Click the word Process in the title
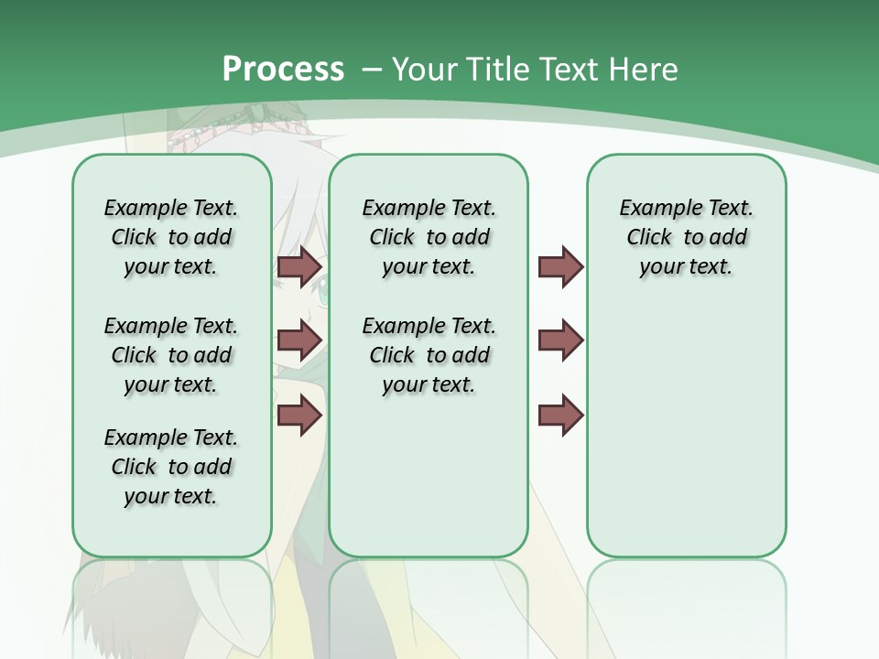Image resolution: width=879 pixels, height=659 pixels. (x=283, y=69)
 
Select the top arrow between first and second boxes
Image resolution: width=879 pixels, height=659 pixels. (x=299, y=266)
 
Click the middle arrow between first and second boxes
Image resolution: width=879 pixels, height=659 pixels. (x=299, y=340)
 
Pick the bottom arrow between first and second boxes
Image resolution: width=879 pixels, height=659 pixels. (x=299, y=415)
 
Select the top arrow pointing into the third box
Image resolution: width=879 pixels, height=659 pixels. (x=560, y=266)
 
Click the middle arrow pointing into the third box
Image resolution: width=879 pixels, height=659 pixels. (x=560, y=340)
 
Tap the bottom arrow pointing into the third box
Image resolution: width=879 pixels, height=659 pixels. (x=560, y=415)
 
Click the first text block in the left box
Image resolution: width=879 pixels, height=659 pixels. (x=171, y=237)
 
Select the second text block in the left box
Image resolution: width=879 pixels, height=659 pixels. (x=171, y=355)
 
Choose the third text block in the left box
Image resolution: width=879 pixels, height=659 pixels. (x=171, y=467)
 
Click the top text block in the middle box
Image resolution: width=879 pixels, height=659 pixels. (x=429, y=237)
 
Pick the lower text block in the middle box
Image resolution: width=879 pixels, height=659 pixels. (x=429, y=355)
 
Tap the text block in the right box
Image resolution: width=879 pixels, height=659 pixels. (x=686, y=237)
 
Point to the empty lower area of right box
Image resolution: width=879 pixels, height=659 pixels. (x=686, y=430)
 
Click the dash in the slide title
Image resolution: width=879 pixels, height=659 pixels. (x=372, y=70)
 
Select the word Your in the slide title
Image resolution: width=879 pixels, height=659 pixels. (x=422, y=70)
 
